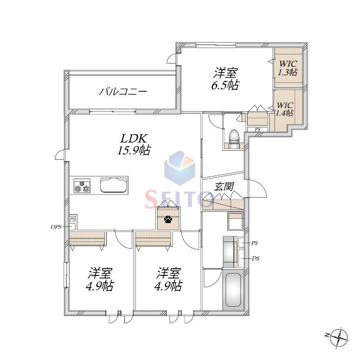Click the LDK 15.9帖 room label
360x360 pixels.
[x=134, y=144]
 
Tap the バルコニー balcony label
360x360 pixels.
[x=123, y=92]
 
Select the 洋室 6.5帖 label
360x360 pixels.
[x=225, y=79]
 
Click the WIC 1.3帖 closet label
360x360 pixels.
[x=288, y=68]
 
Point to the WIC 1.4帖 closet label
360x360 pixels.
[x=285, y=109]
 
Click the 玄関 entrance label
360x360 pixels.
[x=224, y=186]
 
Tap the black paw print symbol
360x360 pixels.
[x=168, y=220]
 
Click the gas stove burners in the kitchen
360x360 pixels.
[x=82, y=186]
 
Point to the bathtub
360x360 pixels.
[x=233, y=290]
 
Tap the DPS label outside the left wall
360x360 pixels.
[x=56, y=227]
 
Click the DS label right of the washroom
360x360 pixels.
[x=256, y=258]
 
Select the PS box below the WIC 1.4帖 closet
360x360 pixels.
[x=257, y=130]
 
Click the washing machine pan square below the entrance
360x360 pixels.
[x=235, y=221]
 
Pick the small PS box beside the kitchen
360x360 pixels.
[x=72, y=219]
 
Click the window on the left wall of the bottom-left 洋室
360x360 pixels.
[x=66, y=275]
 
